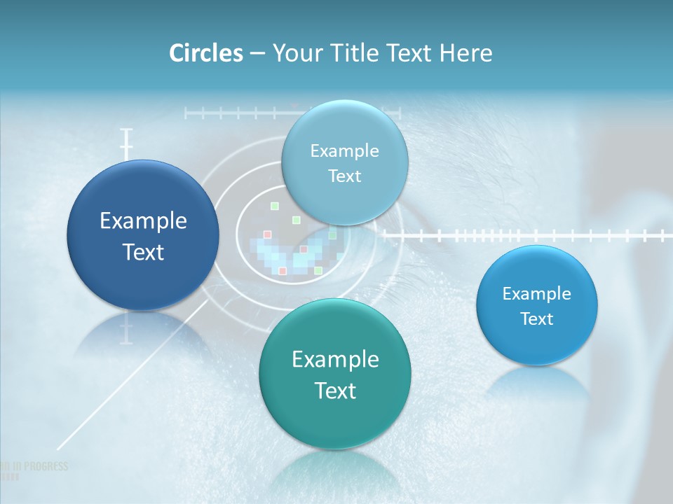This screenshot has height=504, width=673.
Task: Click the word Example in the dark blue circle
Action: [x=143, y=221]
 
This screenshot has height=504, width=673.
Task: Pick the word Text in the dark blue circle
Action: [x=143, y=252]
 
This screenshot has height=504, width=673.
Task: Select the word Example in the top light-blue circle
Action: [x=344, y=150]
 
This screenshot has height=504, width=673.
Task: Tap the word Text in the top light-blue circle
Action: [x=344, y=176]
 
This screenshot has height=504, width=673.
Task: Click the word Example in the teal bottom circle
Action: [x=335, y=360]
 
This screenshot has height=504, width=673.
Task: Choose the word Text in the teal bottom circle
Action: [x=335, y=391]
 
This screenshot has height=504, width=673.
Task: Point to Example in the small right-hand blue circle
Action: [x=536, y=293]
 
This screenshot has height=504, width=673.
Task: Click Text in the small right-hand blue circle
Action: [x=536, y=318]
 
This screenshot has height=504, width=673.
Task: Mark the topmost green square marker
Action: [x=275, y=206]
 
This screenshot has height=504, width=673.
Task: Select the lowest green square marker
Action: [x=318, y=270]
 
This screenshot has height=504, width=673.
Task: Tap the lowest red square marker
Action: [x=283, y=270]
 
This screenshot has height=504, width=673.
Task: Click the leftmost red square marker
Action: [x=267, y=234]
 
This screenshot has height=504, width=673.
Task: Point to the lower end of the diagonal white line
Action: [x=57, y=448]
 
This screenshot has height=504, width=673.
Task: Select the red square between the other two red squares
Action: [x=304, y=249]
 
